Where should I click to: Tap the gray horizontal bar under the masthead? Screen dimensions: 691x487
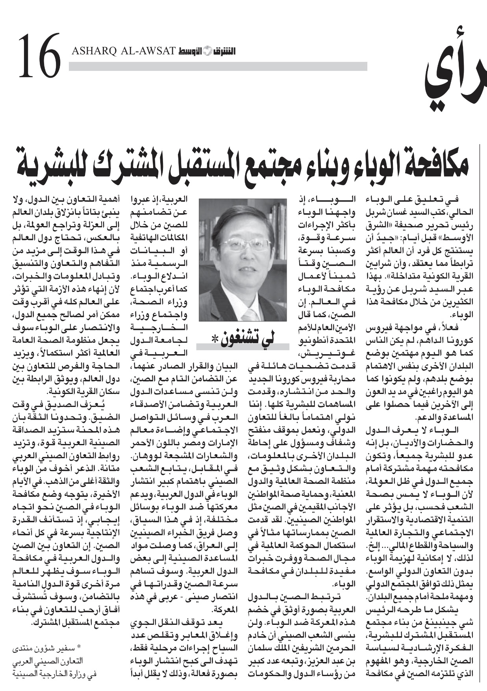point(218,66)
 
